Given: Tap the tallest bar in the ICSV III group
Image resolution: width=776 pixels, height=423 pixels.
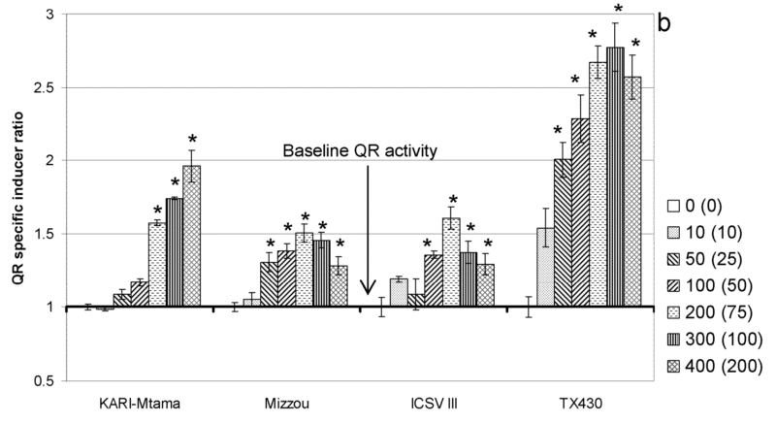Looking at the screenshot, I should point(450,262).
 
